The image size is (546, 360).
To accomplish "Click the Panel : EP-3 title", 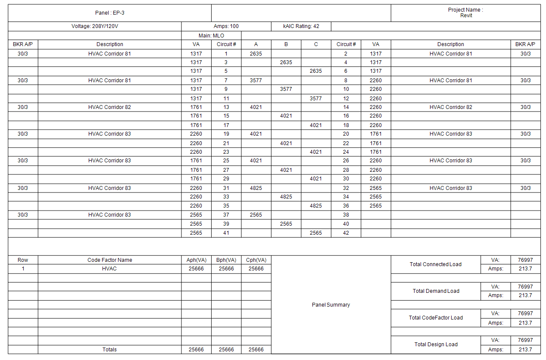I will [x=109, y=13].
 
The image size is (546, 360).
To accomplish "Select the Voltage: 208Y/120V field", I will [x=95, y=26].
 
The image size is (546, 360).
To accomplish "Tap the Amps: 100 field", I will [x=226, y=26].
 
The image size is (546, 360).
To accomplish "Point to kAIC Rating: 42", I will [x=301, y=26].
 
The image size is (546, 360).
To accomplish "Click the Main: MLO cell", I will [x=211, y=36].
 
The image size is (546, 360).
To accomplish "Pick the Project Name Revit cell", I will [x=466, y=12].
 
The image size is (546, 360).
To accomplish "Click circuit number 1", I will [x=226, y=54].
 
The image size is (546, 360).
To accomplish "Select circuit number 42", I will [x=346, y=233].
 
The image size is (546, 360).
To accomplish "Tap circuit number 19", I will [x=226, y=134].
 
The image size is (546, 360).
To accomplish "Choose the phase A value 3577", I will [x=256, y=81].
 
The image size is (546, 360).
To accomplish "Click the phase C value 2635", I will [x=316, y=71].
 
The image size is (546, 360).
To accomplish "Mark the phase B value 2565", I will [x=286, y=224].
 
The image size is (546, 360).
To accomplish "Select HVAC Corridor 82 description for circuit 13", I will [x=109, y=107].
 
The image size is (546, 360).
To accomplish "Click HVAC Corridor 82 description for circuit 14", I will [x=451, y=107].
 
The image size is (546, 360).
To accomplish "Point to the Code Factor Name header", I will [x=109, y=260].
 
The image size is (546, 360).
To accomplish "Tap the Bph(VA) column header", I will [x=226, y=260].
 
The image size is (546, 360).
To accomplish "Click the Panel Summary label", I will [x=331, y=305].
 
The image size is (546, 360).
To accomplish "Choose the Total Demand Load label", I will [x=436, y=291].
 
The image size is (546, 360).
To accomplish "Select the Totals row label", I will [x=109, y=350].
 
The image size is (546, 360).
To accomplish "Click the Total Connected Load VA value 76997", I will [x=525, y=260].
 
